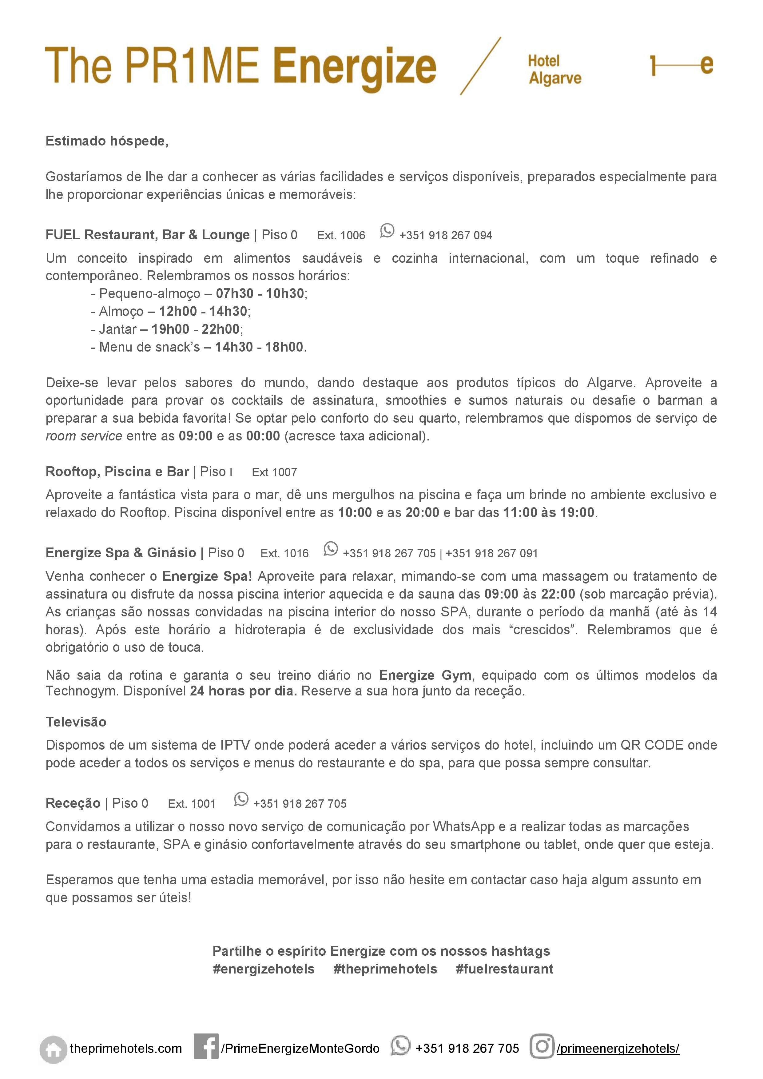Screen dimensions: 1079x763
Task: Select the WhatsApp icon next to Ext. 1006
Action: [387, 231]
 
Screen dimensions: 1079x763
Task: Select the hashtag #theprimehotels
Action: [385, 969]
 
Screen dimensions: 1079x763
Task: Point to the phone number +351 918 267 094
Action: [445, 235]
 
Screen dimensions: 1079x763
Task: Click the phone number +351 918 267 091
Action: [491, 554]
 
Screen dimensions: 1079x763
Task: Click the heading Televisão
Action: [76, 722]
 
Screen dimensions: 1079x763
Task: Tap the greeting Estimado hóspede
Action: [107, 141]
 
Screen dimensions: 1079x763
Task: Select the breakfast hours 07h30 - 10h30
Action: [260, 294]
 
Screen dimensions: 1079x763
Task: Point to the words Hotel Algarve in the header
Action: [554, 70]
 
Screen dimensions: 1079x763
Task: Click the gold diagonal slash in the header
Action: [480, 66]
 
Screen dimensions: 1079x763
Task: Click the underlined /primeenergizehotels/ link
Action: [618, 1049]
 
